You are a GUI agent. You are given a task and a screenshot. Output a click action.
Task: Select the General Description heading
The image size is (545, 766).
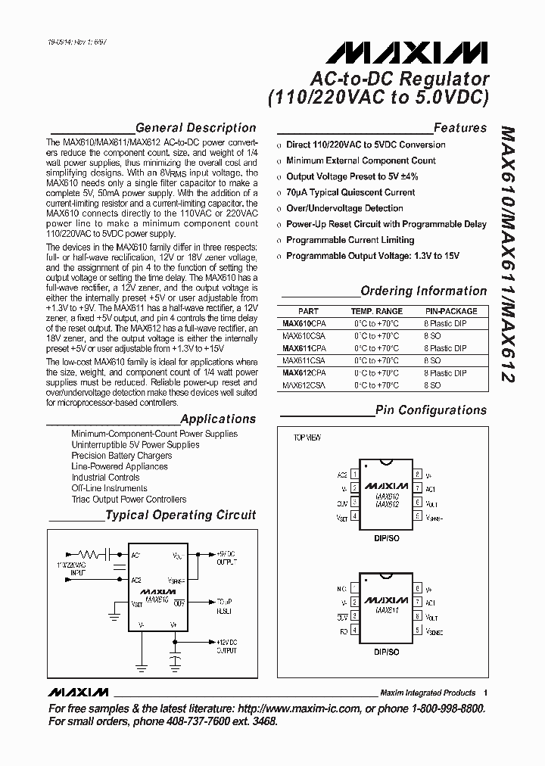point(195,128)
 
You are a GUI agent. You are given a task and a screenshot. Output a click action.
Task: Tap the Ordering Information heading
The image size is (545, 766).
point(423,291)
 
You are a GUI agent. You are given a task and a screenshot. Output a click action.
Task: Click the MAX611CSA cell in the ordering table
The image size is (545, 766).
point(304,361)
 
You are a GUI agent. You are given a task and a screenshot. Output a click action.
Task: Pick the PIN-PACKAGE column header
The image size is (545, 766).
point(450,311)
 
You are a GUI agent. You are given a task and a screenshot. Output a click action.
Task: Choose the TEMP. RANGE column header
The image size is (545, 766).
point(376,311)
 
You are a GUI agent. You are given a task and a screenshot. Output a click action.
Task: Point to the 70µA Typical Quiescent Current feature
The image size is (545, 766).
point(350,192)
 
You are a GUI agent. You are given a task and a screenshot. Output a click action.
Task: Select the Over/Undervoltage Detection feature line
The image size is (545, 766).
point(344,208)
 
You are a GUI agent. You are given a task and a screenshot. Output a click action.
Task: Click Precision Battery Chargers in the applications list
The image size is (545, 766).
point(121,456)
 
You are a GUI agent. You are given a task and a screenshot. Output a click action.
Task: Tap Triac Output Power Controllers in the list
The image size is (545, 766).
point(129,500)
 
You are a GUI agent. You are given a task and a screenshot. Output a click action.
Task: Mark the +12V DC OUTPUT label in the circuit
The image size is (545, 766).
point(226,646)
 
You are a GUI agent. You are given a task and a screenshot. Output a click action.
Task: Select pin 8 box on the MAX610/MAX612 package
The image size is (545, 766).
point(417,475)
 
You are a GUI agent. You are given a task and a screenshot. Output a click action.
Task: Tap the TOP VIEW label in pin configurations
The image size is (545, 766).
point(307,438)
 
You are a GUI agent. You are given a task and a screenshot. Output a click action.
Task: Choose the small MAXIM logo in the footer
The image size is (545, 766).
point(78,693)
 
